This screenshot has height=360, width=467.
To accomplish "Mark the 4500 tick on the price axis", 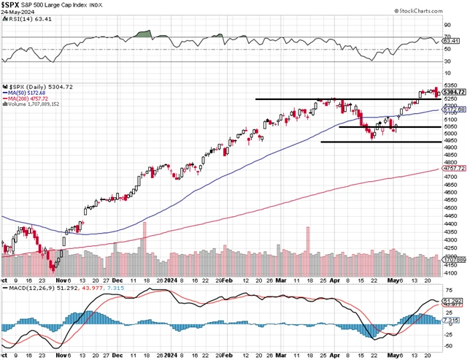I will pos(451,208).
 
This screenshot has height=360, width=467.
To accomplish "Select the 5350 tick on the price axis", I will pos(451,85).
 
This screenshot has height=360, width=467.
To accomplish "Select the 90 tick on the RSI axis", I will pos(447,24).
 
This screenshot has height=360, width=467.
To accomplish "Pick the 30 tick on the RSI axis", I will pos(447,61).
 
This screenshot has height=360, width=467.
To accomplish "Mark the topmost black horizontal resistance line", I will pos(343,99).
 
